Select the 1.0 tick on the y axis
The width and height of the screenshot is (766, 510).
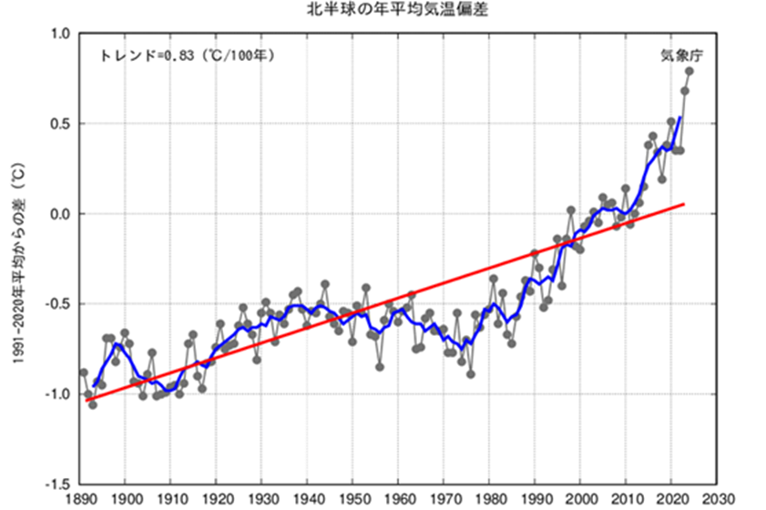coord(59,35)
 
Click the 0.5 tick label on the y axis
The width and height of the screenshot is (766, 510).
coord(59,124)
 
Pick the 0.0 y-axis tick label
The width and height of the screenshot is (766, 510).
coord(59,214)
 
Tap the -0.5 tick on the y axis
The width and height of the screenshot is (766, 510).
coord(56,304)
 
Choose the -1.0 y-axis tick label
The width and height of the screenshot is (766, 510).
coord(56,394)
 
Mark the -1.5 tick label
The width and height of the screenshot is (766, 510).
coord(56,484)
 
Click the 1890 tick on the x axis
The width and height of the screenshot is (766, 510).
coord(79,499)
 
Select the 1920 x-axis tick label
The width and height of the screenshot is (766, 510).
coord(216,499)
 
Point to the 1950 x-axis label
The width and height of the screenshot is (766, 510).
coord(352,499)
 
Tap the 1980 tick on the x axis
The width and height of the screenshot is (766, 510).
coord(489,499)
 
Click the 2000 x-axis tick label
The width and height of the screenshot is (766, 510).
coord(580,499)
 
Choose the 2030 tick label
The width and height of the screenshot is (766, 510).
coord(717,499)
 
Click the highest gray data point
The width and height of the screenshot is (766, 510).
coord(689,71)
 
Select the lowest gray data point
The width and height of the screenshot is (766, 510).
coord(93,404)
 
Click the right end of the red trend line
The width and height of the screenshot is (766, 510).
coord(684,204)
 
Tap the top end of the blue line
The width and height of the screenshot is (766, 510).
coord(680,117)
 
